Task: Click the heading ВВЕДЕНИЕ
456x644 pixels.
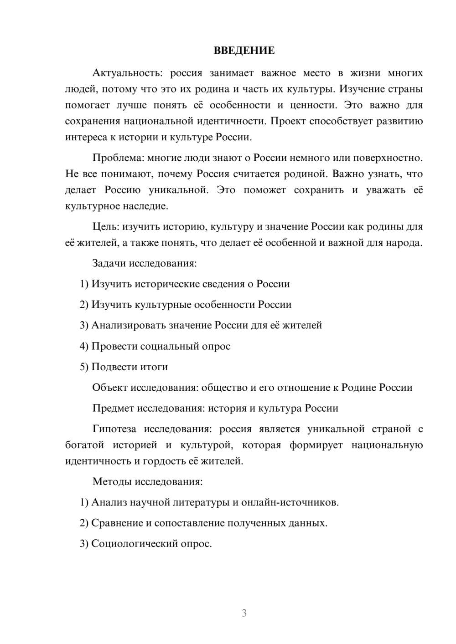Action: [x=244, y=51]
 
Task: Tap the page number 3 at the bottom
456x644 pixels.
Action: [x=244, y=613]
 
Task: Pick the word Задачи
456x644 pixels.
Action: [x=109, y=263]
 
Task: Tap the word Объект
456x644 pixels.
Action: [x=110, y=388]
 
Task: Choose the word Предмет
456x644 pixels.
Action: [x=113, y=408]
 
